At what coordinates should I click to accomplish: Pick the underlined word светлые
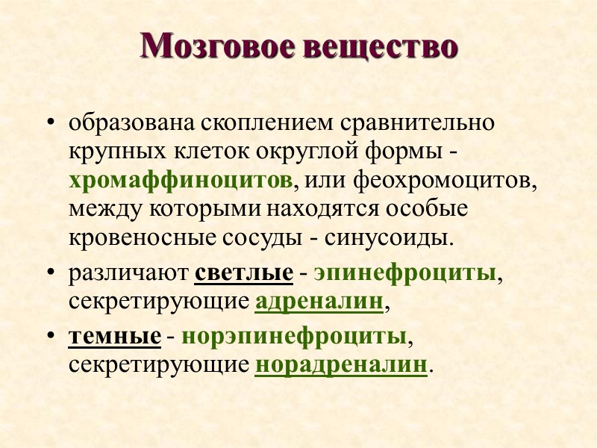(x=243, y=273)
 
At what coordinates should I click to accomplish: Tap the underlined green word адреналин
(x=319, y=302)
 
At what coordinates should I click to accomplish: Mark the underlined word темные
(x=114, y=337)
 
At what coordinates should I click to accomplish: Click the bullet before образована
(x=50, y=122)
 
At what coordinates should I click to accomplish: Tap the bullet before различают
(x=50, y=274)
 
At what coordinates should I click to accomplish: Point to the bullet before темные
(x=50, y=337)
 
